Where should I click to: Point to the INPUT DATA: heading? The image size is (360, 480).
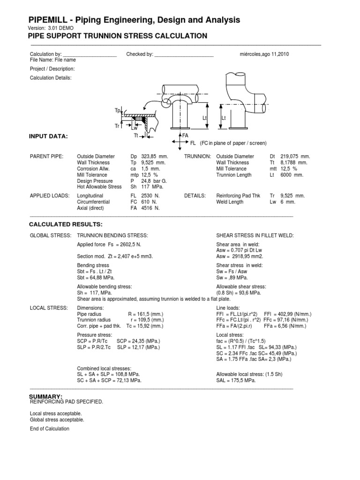(x=49, y=136)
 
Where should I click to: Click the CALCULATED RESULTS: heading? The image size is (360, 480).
(x=66, y=225)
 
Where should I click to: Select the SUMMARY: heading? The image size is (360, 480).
(x=45, y=397)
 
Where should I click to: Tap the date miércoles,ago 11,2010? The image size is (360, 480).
(x=264, y=54)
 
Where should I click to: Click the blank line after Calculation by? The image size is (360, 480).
(x=89, y=54)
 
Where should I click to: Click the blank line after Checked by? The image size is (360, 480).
(x=184, y=54)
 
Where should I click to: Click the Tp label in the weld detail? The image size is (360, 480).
(x=118, y=110)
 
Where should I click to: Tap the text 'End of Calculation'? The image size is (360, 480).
(x=49, y=428)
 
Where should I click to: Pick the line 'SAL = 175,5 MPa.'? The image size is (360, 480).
(x=236, y=381)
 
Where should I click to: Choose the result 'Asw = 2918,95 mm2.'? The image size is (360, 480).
(x=240, y=256)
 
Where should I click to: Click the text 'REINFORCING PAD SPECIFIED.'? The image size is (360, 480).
(x=66, y=402)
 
